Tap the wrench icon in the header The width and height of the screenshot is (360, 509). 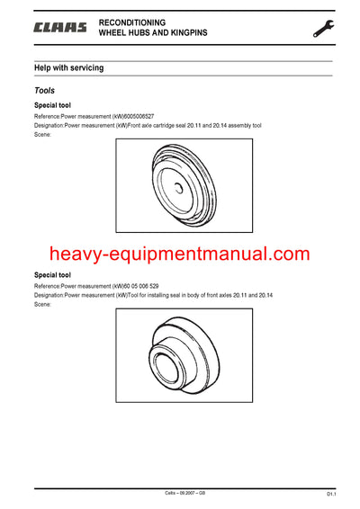323,28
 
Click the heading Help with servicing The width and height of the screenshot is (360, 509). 68,67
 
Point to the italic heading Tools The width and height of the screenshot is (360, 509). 45,90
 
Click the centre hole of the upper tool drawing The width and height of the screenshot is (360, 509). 180,187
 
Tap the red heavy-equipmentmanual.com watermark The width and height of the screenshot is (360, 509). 179,254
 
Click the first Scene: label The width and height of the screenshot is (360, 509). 42,135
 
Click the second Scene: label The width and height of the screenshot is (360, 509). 42,304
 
